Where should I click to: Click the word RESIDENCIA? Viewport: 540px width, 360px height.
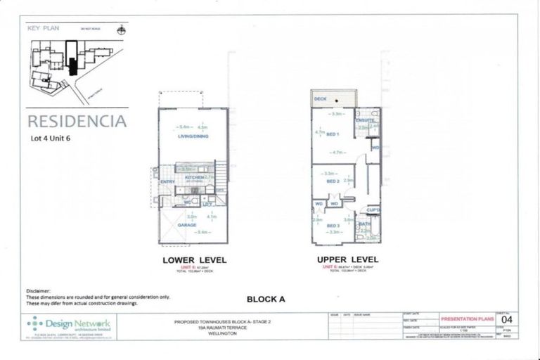click(77, 121)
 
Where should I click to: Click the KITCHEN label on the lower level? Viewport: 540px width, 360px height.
click(194, 179)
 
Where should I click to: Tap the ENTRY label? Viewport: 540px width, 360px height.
click(167, 183)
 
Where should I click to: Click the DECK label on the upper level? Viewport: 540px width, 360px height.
click(321, 99)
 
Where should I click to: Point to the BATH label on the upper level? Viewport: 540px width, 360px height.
click(364, 224)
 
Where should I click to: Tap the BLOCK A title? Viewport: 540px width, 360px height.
click(265, 299)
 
